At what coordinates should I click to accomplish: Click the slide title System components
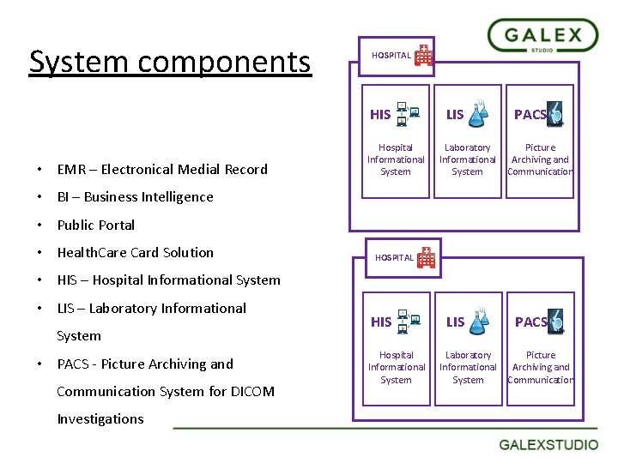170,62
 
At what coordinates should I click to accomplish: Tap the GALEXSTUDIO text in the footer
549,444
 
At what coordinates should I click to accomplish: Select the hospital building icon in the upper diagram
424,56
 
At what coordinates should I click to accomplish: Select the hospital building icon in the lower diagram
427,257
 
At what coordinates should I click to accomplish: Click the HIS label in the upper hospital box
379,114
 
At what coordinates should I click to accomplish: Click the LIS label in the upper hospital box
455,114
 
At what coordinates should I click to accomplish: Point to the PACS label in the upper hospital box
530,114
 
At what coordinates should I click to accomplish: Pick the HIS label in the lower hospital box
380,322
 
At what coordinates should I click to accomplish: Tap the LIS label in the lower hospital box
455,322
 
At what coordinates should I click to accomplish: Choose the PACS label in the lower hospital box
530,322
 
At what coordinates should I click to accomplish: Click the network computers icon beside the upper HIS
408,112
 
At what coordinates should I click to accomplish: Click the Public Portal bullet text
96,225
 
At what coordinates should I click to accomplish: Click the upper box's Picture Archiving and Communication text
540,159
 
